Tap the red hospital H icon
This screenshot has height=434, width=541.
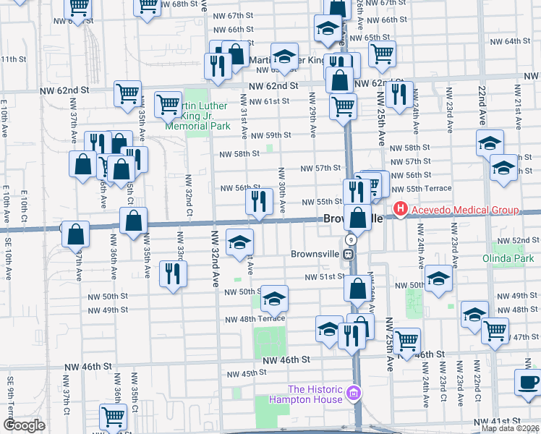(399, 210)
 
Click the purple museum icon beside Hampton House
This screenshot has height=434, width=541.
(354, 393)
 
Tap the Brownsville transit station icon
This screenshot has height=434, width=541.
(348, 254)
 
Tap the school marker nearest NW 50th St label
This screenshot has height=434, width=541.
(273, 297)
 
